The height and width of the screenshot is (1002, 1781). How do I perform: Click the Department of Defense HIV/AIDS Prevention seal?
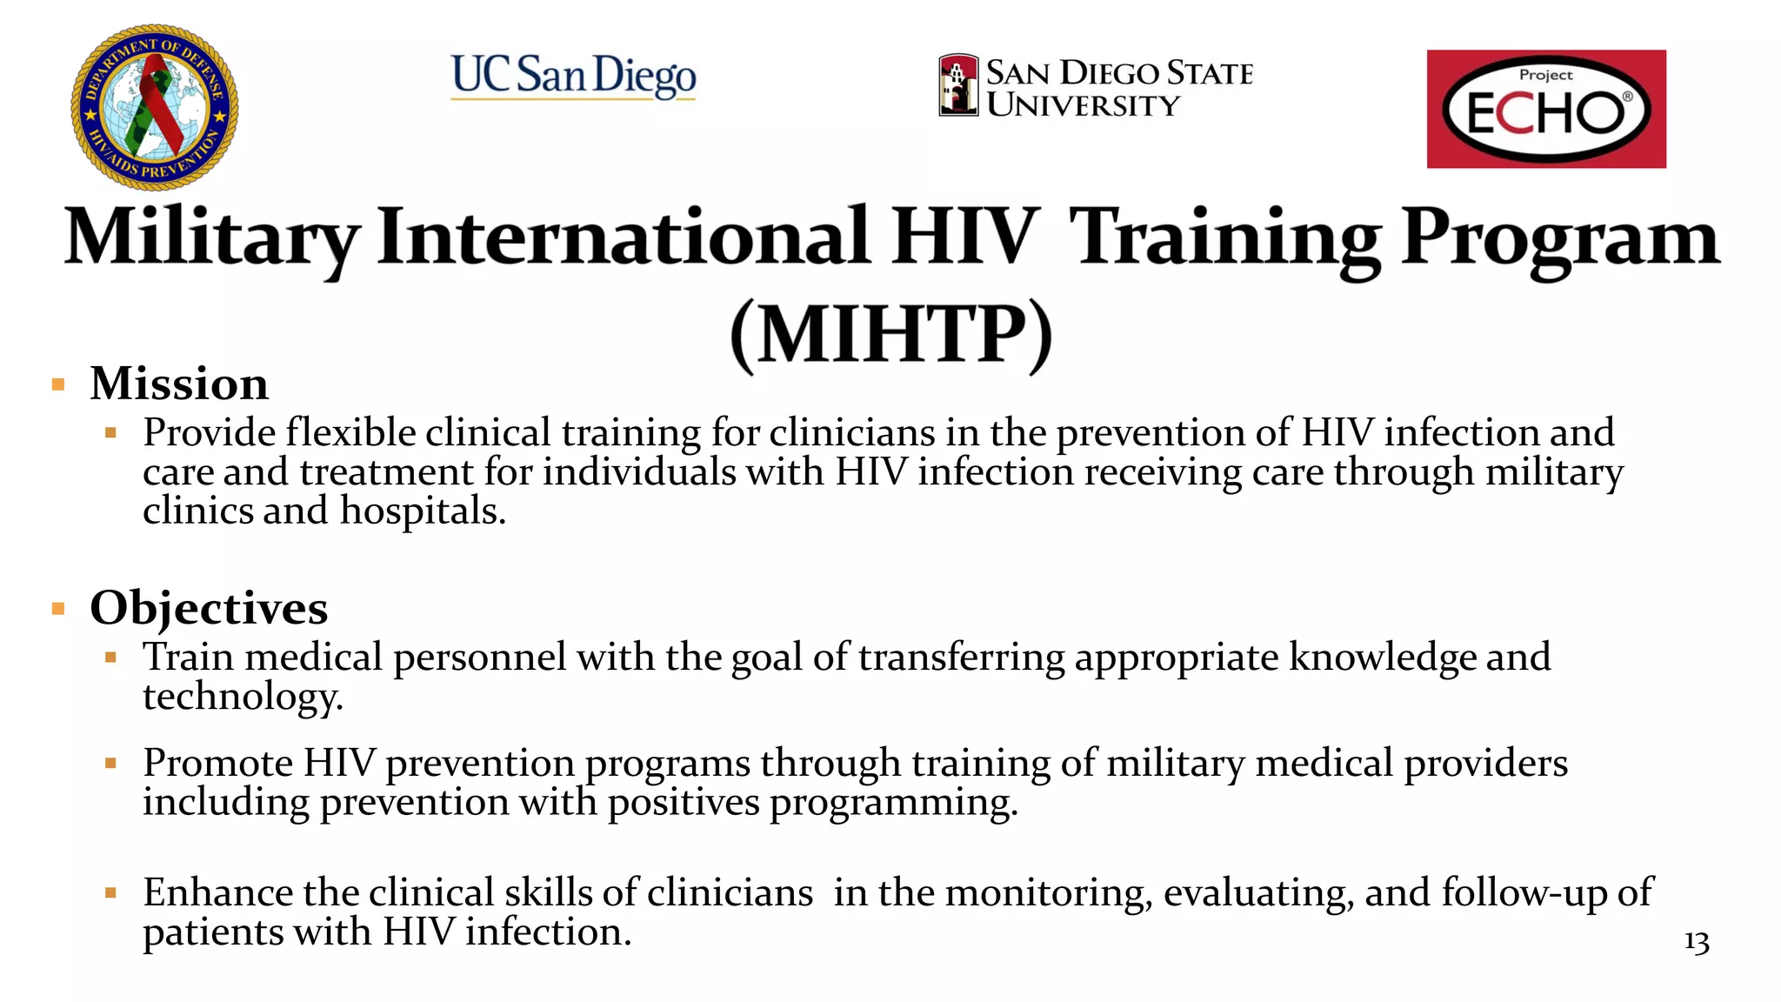[154, 107]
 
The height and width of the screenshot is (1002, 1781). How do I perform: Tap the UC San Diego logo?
[573, 76]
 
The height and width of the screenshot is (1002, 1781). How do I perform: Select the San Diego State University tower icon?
[958, 85]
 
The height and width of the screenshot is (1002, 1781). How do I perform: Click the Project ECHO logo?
[1545, 109]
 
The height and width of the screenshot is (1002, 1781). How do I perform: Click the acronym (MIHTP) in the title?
[890, 335]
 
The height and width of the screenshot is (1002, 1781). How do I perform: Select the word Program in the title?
[1560, 238]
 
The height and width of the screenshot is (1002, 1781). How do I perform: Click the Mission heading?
[179, 384]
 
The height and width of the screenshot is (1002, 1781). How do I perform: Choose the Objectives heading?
[209, 608]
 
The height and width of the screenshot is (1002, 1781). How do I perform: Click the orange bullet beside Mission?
[58, 384]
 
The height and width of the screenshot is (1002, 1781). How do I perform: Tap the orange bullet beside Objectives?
[58, 609]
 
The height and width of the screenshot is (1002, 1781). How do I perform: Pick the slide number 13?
[1696, 942]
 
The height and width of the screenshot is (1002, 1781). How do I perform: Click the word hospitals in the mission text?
[422, 511]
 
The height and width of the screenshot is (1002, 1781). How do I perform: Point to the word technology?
[243, 697]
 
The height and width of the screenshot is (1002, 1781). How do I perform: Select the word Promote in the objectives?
[217, 763]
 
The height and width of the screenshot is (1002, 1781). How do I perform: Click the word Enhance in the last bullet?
[217, 892]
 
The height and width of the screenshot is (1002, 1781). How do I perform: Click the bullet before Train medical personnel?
[110, 658]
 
